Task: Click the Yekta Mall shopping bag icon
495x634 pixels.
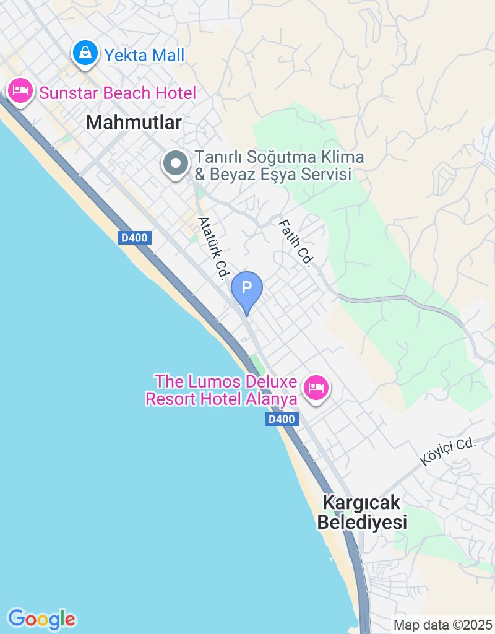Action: (85, 53)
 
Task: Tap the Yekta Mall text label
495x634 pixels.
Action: (144, 56)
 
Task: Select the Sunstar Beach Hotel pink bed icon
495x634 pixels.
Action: (20, 91)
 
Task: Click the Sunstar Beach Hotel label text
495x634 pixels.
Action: (118, 93)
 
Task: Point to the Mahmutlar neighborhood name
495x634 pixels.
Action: (134, 123)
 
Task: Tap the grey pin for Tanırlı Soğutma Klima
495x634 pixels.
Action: (176, 164)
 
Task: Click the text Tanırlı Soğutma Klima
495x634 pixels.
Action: (279, 157)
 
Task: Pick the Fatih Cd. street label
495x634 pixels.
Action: (295, 243)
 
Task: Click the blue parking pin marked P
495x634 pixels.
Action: (246, 289)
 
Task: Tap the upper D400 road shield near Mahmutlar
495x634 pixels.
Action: (135, 238)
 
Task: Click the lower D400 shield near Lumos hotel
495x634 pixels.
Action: (282, 419)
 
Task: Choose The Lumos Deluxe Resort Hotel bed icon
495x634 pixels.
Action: (316, 388)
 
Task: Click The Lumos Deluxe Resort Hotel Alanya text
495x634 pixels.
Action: (222, 390)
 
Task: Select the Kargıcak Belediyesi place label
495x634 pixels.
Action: (362, 512)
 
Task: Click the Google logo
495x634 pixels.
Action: (41, 619)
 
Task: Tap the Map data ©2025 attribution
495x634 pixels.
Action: (443, 625)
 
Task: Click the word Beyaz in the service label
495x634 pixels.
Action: (238, 175)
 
